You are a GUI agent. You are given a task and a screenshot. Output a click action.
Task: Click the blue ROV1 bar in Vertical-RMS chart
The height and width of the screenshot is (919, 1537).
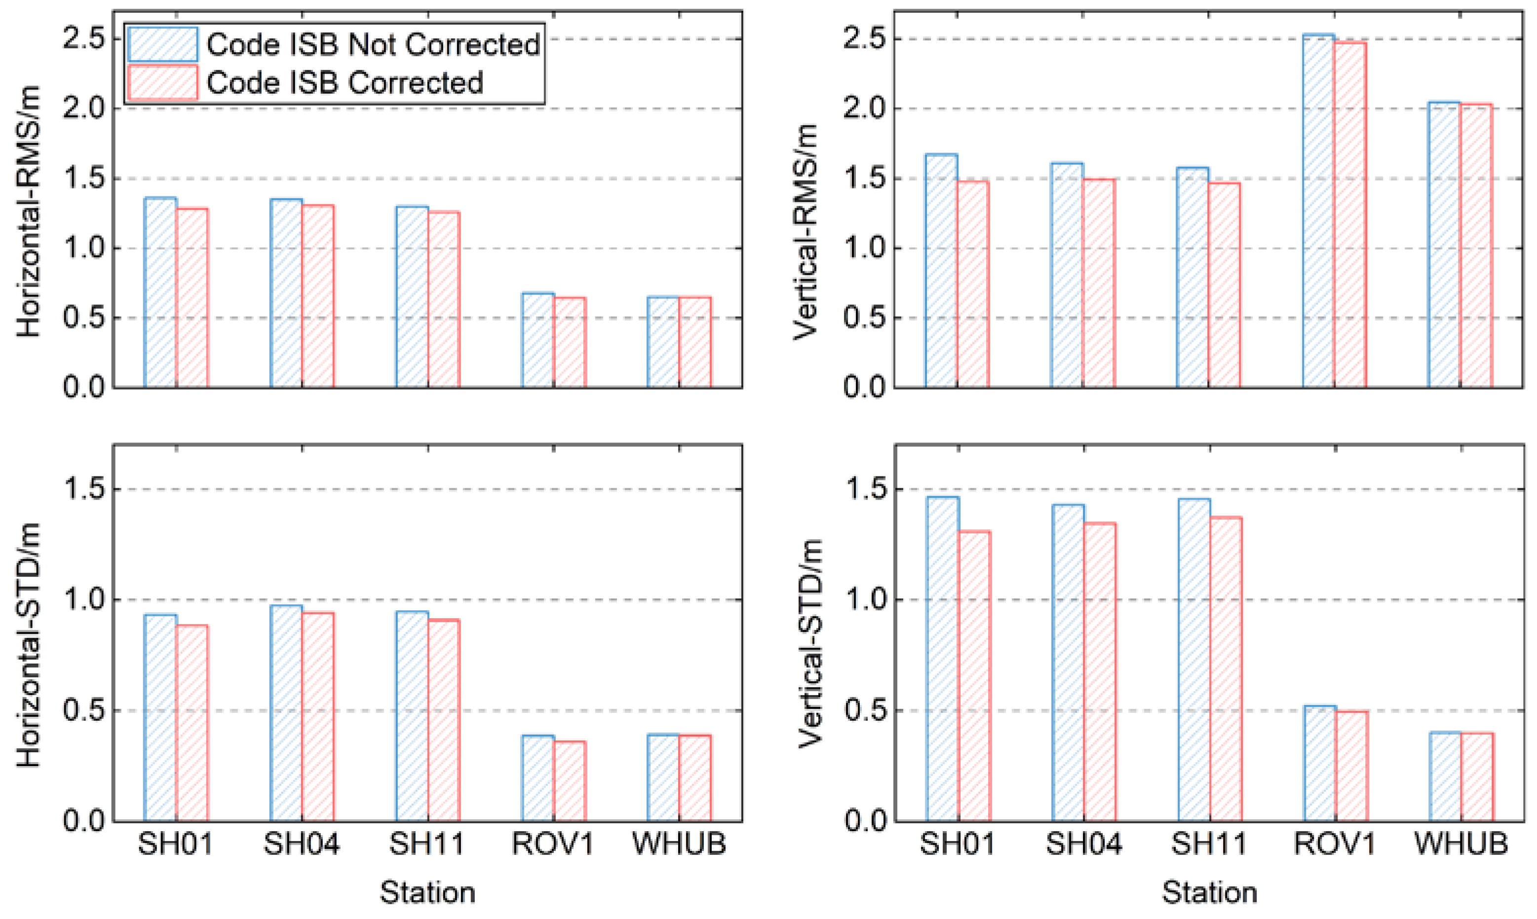pos(1318,211)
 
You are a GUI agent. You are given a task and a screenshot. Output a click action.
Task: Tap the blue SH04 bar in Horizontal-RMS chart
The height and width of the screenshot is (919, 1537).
pos(286,294)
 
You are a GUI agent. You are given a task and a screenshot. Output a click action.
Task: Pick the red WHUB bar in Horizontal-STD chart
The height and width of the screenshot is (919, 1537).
pos(695,778)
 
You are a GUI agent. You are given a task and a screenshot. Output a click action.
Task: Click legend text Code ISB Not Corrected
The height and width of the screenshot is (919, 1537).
pos(373,44)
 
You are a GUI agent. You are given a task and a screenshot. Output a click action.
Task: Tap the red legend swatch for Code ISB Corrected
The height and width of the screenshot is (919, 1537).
pos(162,82)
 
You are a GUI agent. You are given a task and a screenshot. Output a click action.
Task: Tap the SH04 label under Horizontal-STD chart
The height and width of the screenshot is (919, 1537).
pos(302,844)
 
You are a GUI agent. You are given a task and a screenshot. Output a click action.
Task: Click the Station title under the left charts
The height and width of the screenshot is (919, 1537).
pos(427,892)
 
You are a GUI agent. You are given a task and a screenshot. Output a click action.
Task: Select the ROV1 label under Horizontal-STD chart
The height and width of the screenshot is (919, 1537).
pos(553,844)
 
